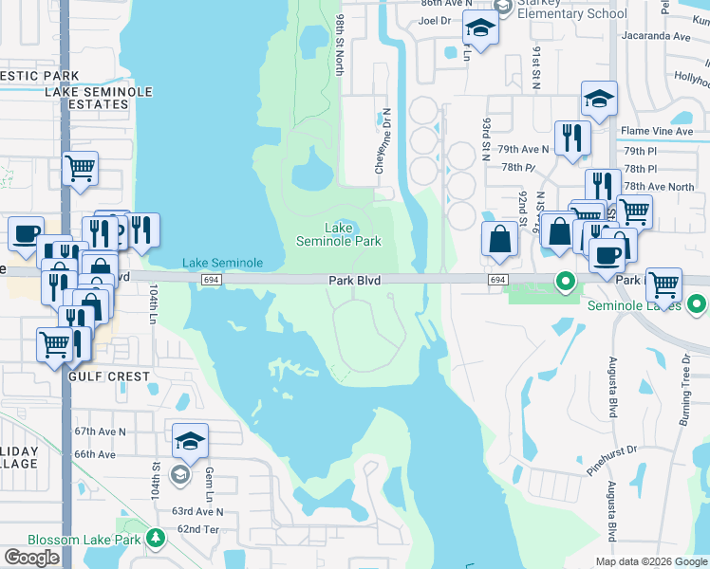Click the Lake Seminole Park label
[x=339, y=234]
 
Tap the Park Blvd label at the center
[x=354, y=281]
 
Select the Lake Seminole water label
[x=222, y=263]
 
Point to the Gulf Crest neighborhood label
[x=109, y=376]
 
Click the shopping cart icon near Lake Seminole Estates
[x=81, y=169]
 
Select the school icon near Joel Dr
[x=481, y=29]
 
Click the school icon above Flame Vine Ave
[x=599, y=99]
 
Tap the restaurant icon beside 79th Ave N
[x=570, y=138]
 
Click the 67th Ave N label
[x=101, y=431]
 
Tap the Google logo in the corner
[x=32, y=558]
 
